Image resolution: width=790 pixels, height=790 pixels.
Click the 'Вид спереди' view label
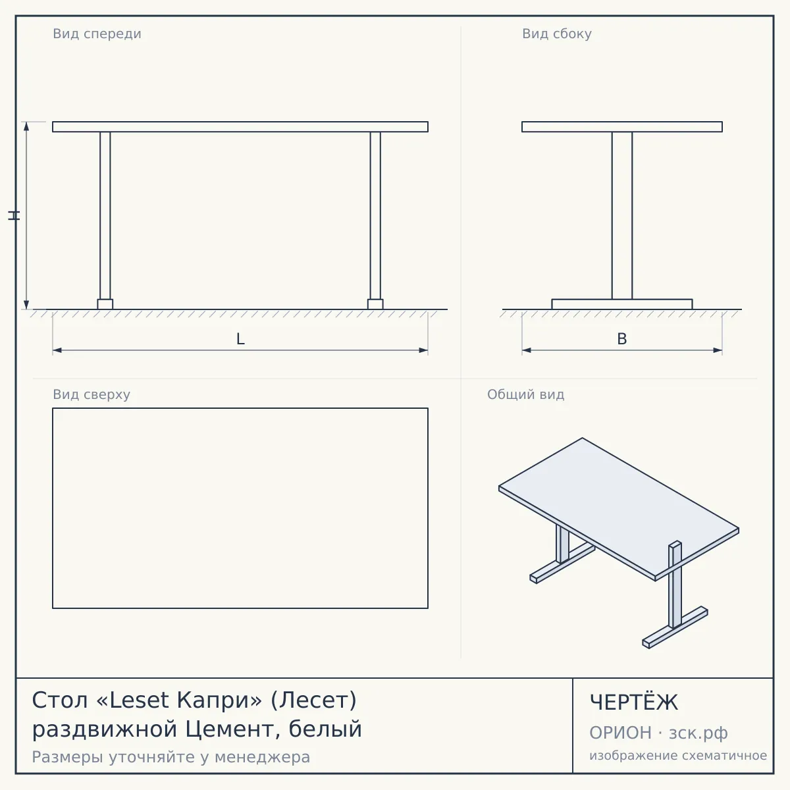point(97,34)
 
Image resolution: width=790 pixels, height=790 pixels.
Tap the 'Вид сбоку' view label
point(557,34)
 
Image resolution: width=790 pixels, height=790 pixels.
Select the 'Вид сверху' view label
point(92,394)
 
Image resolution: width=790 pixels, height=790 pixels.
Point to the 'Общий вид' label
point(525,394)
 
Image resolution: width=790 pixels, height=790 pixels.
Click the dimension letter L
point(240,339)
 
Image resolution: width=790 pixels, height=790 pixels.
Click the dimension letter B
point(622,339)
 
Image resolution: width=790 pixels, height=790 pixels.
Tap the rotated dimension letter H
point(14,216)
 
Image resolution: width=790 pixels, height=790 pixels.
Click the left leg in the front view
point(105,216)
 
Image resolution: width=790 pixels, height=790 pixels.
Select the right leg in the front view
point(375,216)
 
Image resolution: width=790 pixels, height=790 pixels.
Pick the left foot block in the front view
point(105,304)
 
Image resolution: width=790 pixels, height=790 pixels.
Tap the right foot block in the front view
point(375,304)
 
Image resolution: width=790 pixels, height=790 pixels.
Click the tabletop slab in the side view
point(622,126)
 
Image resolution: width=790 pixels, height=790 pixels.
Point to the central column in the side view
point(622,216)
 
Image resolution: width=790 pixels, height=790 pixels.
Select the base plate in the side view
point(622,304)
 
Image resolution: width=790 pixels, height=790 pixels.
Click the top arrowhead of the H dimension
point(26,126)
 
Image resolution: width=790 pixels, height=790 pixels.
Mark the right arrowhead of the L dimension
point(423,350)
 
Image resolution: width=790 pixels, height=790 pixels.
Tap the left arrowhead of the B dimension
point(527,350)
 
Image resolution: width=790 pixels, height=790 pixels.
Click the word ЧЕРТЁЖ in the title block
point(634,702)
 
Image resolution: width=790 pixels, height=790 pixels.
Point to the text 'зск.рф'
point(698,733)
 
